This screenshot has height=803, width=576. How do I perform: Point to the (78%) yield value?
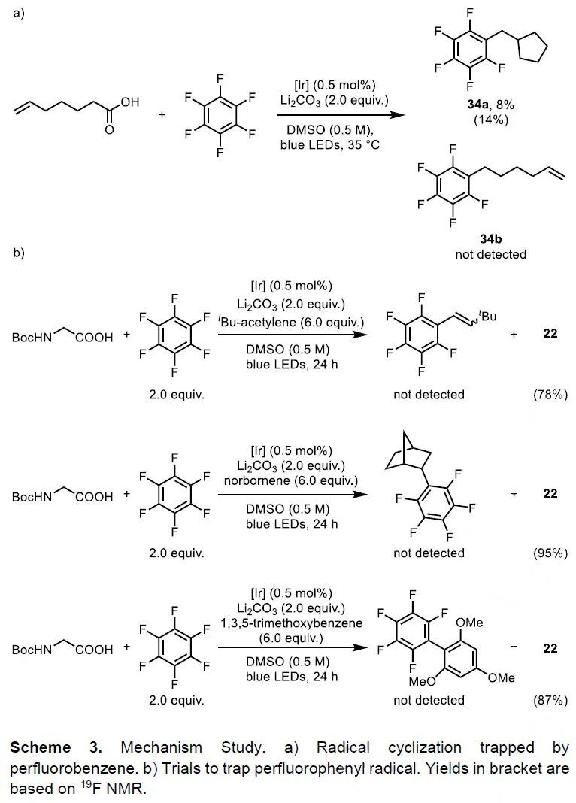(547, 394)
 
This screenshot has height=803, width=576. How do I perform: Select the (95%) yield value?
(547, 553)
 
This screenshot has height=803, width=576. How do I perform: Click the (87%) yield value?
(547, 700)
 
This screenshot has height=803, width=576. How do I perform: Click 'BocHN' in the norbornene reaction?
(32, 497)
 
